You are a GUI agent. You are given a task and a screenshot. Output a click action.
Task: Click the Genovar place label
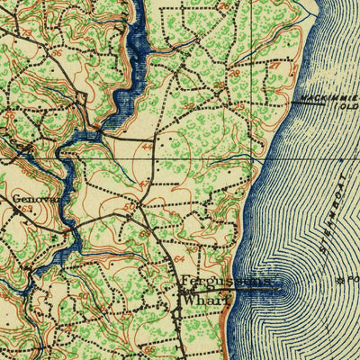tap(28, 200)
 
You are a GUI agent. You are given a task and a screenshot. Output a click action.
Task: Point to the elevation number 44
tap(147, 144)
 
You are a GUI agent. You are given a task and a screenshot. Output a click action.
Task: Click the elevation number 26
tap(235, 75)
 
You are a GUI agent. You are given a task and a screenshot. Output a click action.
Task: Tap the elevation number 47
tap(142, 185)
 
